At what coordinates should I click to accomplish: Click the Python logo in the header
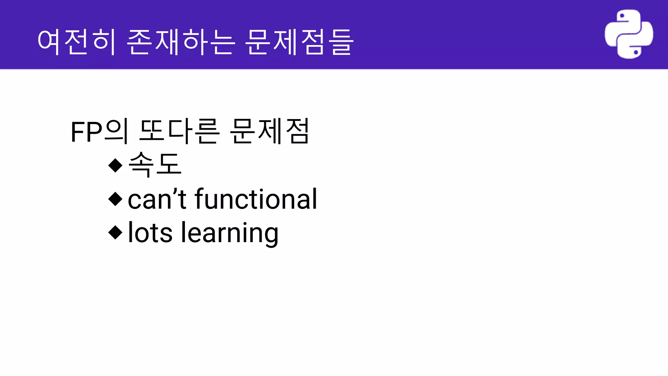pos(629,34)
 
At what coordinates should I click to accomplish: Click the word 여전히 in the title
pos(77,42)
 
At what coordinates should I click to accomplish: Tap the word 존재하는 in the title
pos(181,42)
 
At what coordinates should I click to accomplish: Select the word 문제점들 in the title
pos(299,42)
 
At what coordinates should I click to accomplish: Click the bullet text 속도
pos(155,164)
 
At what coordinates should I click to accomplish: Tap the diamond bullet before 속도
pos(115,165)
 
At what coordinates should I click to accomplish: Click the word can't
pos(157,199)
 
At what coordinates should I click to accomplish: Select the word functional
pos(256,199)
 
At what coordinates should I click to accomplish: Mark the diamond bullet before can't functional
pos(115,199)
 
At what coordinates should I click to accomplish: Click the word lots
pos(150,232)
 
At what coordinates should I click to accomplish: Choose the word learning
pos(230,233)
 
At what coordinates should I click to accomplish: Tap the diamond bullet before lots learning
pos(115,232)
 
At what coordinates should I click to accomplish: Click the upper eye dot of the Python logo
pos(622,16)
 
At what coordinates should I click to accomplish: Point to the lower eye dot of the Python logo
pos(636,52)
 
